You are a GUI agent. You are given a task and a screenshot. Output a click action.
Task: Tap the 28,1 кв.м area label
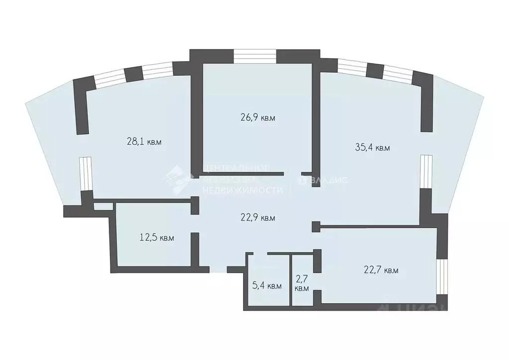145,142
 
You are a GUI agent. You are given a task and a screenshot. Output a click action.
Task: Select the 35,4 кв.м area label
372,147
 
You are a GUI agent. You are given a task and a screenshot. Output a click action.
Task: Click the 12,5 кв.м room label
157,238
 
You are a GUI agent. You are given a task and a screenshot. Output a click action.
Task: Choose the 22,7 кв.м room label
381,270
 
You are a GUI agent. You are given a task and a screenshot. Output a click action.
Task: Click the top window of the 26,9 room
255,55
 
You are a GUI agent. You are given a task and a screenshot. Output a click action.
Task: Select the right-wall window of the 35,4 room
425,171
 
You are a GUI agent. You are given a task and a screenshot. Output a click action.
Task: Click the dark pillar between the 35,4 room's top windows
374,70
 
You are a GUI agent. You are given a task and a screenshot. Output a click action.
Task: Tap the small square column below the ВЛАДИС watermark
315,226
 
